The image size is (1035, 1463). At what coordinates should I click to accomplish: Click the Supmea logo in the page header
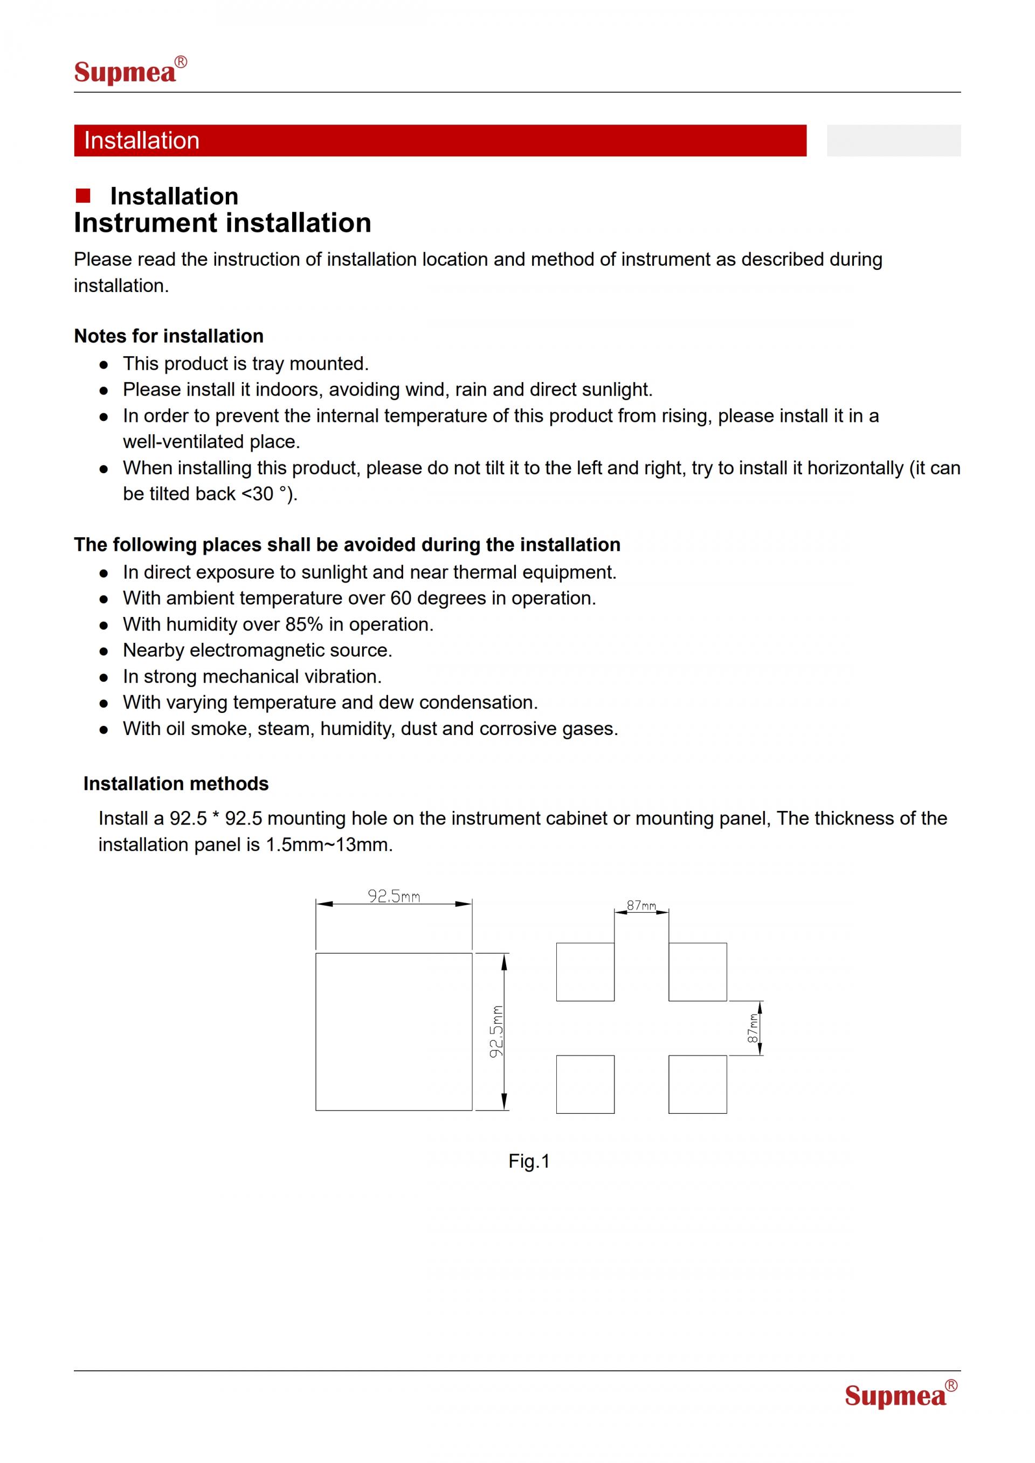[x=129, y=71]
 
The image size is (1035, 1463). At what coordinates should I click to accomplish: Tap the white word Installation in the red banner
[x=141, y=141]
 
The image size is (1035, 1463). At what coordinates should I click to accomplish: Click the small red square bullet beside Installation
[x=83, y=196]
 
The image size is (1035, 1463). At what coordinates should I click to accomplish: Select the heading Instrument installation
[x=223, y=223]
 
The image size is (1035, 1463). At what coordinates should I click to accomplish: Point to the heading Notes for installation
[x=168, y=336]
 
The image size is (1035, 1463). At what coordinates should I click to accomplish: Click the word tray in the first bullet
[x=268, y=364]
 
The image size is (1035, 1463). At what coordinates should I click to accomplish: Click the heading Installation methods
[x=176, y=783]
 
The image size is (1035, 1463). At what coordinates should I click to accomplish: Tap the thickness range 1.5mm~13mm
[x=329, y=845]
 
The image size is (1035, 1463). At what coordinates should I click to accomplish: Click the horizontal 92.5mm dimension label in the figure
[x=394, y=897]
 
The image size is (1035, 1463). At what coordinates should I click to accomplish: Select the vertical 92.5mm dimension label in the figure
[x=496, y=1031]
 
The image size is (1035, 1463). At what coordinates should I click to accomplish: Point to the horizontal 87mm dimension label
[x=641, y=905]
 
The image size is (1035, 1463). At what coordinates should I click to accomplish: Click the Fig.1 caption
[x=529, y=1162]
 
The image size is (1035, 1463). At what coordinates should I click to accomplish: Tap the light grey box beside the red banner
[x=894, y=141]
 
